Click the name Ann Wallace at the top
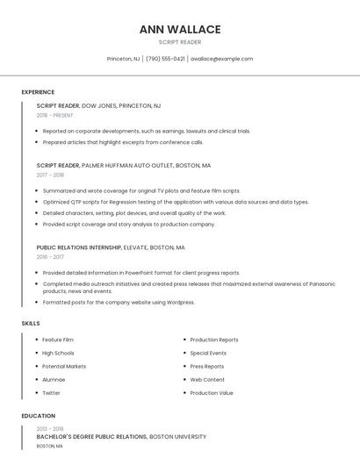coord(180,29)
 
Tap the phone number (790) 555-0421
coord(165,59)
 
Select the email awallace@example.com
coord(221,59)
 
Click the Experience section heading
coord(38,92)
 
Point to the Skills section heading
coord(31,324)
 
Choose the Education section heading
coord(38,416)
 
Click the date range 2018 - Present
coord(55,115)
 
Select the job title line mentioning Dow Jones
coord(98,105)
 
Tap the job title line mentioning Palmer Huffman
coord(123,165)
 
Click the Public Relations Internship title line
coord(111,247)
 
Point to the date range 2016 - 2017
coord(50,257)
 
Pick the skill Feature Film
coord(58,340)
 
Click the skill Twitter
coord(51,393)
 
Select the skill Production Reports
coord(214,340)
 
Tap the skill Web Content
coord(207,380)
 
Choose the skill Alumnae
coord(54,380)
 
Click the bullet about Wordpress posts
coord(119,303)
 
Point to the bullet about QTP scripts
coord(176,202)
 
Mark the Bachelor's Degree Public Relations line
coord(121,436)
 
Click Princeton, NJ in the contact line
coord(123,59)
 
